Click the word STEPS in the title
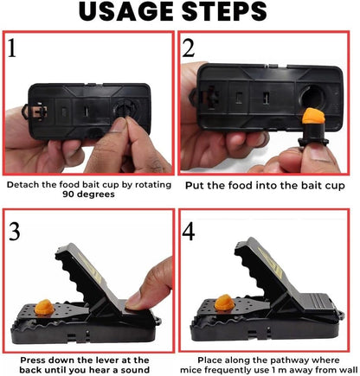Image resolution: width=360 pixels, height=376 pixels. (x=246, y=15)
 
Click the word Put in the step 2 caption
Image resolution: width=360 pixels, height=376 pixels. (x=195, y=184)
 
